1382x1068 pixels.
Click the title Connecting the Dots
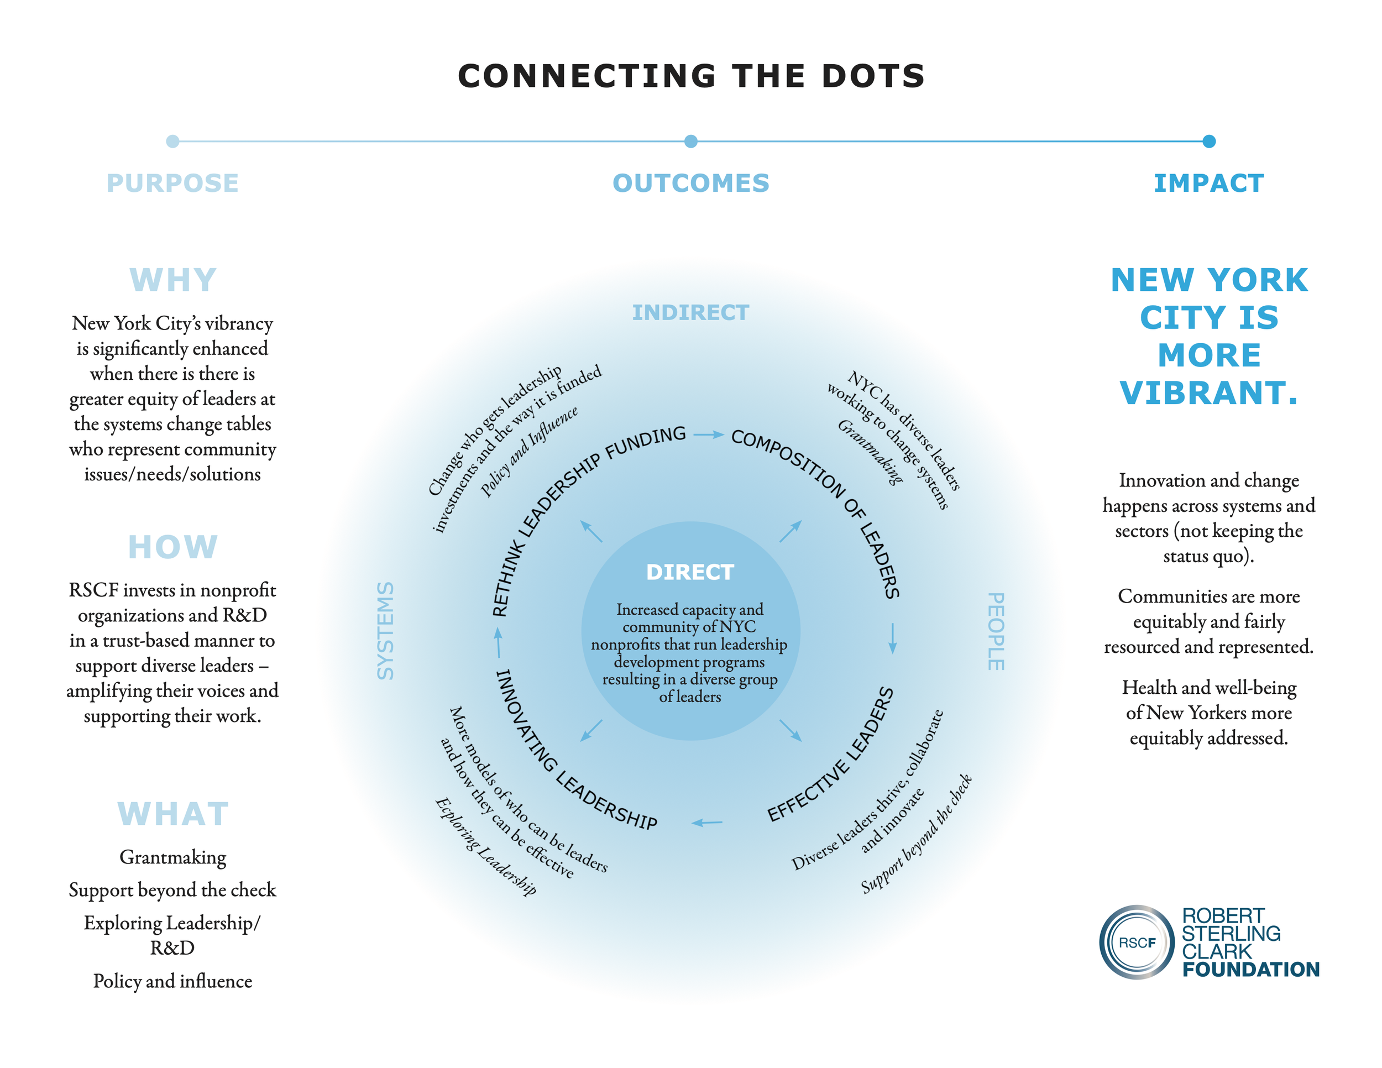(691, 76)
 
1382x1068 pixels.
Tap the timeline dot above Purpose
(172, 141)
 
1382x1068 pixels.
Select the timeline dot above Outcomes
(691, 141)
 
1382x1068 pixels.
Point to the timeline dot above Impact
(1208, 141)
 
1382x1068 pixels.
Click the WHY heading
(172, 280)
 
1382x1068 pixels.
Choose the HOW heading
(172, 547)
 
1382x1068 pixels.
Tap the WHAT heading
(172, 814)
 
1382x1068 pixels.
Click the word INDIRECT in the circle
(690, 312)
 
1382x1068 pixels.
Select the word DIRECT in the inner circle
(690, 572)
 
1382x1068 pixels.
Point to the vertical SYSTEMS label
(385, 631)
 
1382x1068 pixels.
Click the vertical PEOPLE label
(996, 631)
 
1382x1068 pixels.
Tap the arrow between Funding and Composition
(708, 434)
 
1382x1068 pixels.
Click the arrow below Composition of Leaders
(892, 638)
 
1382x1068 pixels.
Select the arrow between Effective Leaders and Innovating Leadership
(707, 823)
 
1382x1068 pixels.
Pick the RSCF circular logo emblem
(1137, 942)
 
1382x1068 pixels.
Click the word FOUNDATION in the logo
(1250, 969)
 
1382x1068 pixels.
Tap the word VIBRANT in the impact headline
(1208, 393)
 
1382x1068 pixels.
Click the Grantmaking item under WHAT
(172, 857)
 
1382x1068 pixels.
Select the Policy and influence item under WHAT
(172, 981)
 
